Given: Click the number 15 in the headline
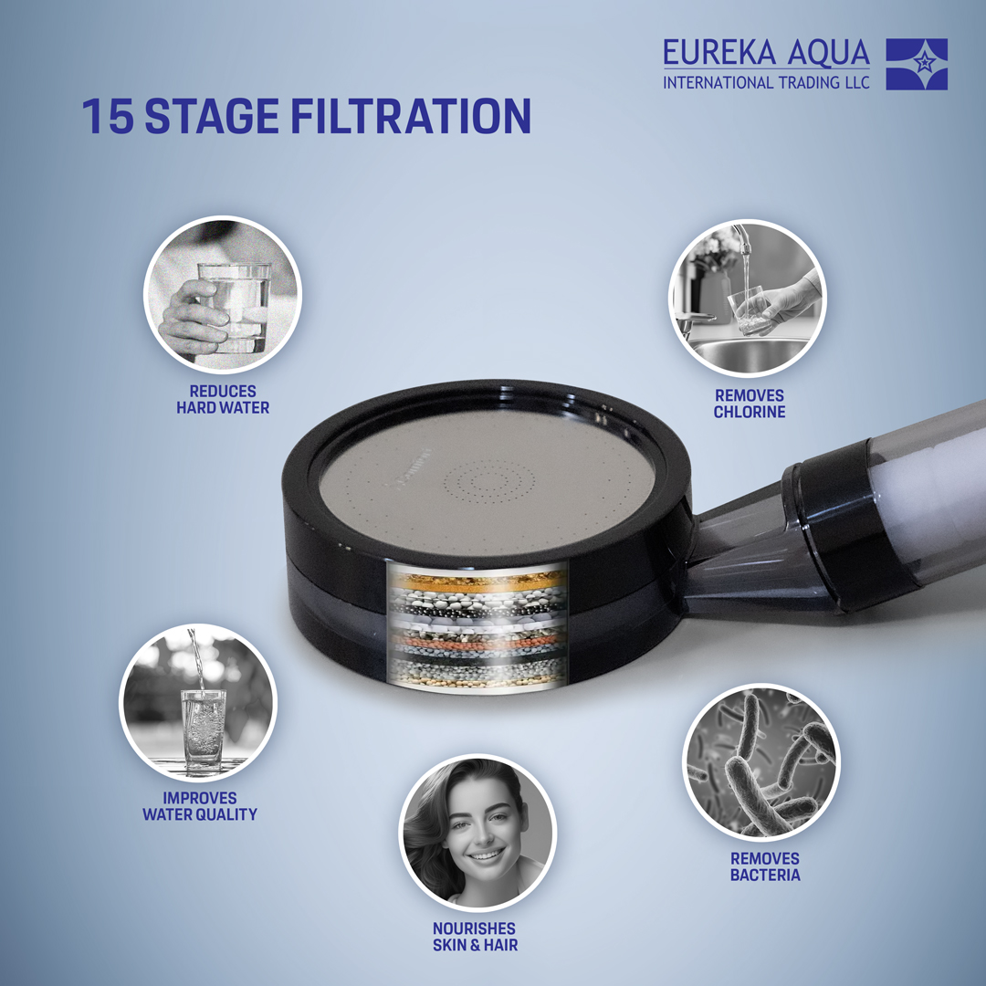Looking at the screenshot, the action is [x=108, y=116].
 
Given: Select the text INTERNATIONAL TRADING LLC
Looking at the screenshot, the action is [x=766, y=82].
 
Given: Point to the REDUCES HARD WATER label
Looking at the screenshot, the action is [x=223, y=399].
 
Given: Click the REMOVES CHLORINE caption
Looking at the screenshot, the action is [x=749, y=404].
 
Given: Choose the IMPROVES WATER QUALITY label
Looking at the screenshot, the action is [x=199, y=806].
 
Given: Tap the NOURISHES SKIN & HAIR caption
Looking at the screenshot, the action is [x=476, y=937].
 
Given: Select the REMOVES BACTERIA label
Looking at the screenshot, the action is [x=765, y=866].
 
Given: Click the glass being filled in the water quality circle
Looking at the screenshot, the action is [x=203, y=729].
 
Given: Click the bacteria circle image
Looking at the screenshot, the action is [x=760, y=762].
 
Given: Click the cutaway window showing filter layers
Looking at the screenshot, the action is [x=477, y=627].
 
